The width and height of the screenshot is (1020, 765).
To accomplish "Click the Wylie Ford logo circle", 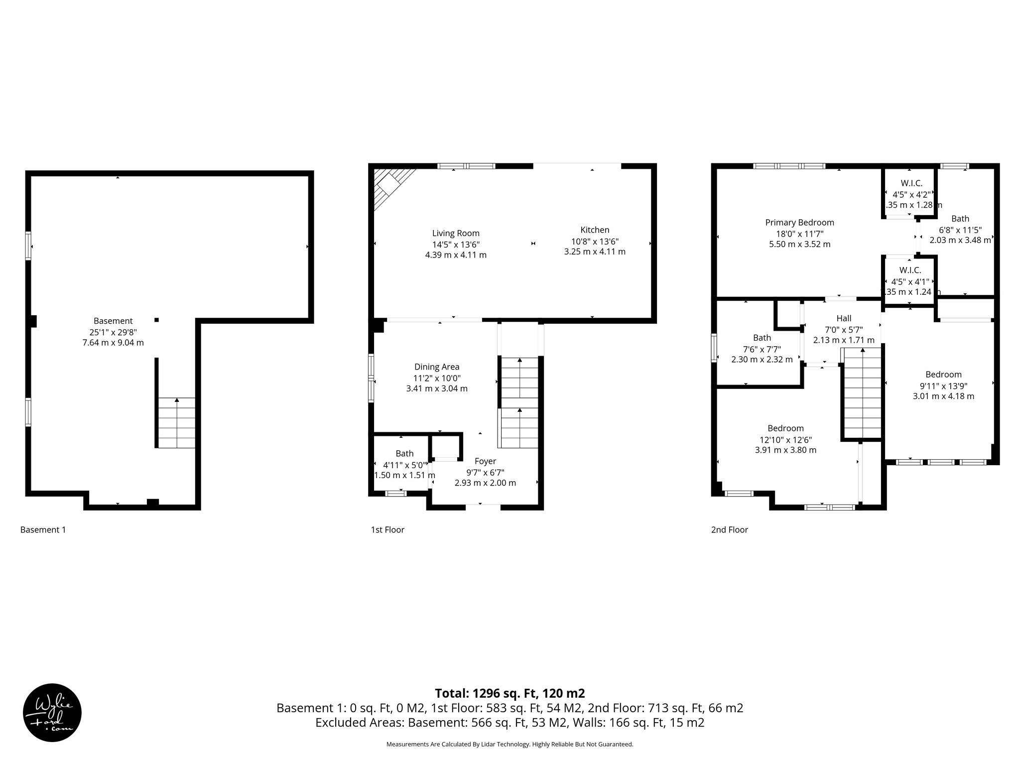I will click(x=52, y=713).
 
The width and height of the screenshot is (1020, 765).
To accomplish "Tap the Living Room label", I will click(x=455, y=233).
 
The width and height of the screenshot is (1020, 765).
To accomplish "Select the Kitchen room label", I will click(x=595, y=230).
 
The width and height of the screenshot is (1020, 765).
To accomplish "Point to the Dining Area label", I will click(x=436, y=367).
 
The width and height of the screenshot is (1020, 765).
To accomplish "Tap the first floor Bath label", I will click(x=404, y=453).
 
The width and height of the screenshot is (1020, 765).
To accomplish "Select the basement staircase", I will click(x=176, y=423).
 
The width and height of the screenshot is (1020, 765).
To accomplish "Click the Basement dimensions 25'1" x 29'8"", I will click(x=113, y=332).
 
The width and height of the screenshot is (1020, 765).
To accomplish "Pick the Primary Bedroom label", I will click(x=799, y=223).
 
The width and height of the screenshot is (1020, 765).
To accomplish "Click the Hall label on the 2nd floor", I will click(x=844, y=318).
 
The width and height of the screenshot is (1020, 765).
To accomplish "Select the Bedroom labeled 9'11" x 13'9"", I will click(x=943, y=375).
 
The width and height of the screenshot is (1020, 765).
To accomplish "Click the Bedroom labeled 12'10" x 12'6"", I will click(x=785, y=428).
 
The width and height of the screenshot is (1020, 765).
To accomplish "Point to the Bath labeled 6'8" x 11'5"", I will click(x=960, y=219).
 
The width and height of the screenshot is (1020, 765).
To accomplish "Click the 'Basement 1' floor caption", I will click(x=43, y=530).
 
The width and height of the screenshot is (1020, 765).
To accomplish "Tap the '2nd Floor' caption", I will click(x=729, y=530).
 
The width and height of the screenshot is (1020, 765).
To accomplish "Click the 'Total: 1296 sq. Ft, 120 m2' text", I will click(x=510, y=693).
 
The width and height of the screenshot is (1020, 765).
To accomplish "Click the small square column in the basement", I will click(x=156, y=320).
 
